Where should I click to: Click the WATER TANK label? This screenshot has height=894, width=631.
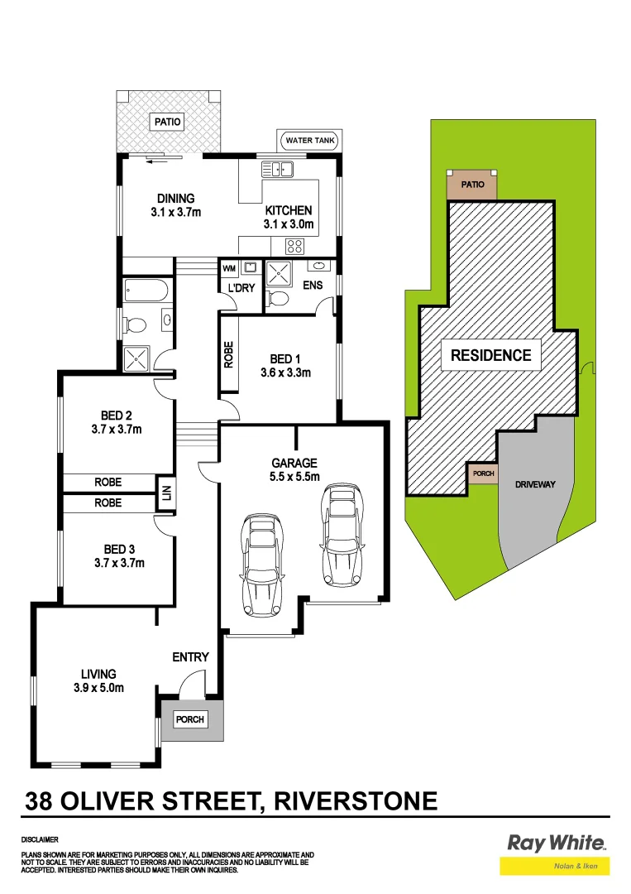(x=310, y=141)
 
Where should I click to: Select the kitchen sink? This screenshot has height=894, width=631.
(x=278, y=171)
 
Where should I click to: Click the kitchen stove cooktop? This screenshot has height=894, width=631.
(x=294, y=245)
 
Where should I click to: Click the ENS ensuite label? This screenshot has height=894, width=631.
(x=313, y=286)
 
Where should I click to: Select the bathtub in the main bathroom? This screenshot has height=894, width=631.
(x=146, y=291)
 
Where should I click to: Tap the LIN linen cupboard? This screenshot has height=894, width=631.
(x=166, y=493)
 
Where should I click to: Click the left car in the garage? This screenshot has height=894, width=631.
(x=261, y=565)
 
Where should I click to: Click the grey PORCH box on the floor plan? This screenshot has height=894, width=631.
(x=190, y=719)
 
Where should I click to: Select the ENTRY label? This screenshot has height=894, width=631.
(x=190, y=657)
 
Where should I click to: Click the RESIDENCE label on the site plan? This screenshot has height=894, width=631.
(x=490, y=356)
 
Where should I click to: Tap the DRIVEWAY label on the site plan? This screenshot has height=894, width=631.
(x=534, y=484)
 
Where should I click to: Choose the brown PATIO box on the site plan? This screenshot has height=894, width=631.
(x=472, y=185)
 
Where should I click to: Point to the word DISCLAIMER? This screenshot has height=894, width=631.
(x=40, y=839)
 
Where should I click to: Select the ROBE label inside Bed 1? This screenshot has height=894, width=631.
(x=229, y=355)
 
